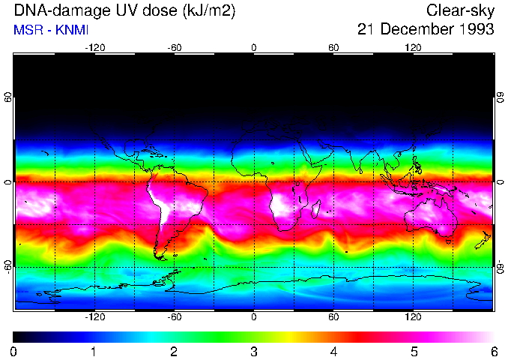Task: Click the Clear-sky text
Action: tap(460, 11)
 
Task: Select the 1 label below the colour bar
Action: tap(94, 351)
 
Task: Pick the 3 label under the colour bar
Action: tap(253, 351)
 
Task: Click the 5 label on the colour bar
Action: tap(414, 351)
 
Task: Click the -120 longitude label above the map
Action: tap(94, 47)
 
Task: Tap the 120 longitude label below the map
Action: tap(413, 317)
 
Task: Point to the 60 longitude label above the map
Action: tap(333, 47)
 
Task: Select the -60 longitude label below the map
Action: tap(174, 317)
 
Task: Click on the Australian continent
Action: tap(431, 217)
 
